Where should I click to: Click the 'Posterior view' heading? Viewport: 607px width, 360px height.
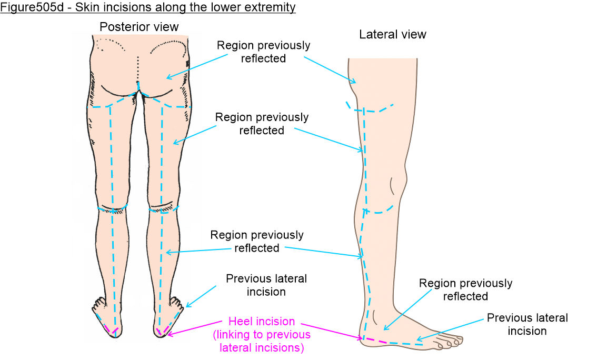(139, 27)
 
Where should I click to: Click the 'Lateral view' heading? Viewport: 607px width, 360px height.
(393, 34)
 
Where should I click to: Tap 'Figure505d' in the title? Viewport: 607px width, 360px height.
(32, 7)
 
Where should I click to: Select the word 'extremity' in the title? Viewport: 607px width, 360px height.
(272, 7)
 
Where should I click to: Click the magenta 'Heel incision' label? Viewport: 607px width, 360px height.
(262, 321)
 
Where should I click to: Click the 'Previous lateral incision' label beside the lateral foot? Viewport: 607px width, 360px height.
(528, 324)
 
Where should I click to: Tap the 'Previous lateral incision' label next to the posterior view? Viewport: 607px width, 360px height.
(266, 285)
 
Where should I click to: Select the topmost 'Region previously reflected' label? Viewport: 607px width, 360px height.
(263, 52)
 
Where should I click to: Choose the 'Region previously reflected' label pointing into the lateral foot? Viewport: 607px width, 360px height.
(465, 289)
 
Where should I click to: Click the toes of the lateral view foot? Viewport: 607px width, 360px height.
(449, 342)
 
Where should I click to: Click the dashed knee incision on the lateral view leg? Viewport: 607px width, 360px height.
(379, 211)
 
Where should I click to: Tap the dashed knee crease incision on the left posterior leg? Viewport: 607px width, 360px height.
(112, 210)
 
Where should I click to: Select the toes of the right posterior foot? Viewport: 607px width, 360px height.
(176, 302)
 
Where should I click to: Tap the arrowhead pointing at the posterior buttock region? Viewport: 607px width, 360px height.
(169, 77)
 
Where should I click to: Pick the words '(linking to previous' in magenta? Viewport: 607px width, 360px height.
(262, 334)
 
